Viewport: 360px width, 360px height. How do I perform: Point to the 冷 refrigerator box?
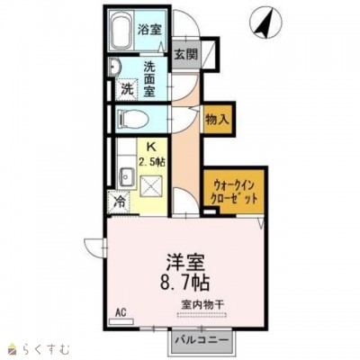coord(118,203)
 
